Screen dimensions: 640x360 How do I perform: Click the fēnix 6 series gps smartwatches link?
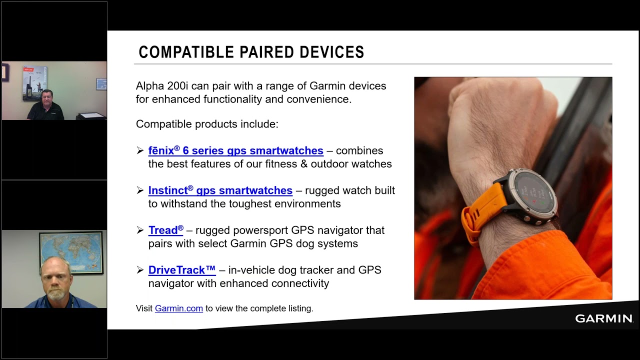[x=235, y=151]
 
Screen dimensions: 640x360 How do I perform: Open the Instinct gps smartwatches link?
[x=220, y=190]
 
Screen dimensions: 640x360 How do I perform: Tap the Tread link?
[x=165, y=230]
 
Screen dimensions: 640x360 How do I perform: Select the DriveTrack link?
[x=182, y=270]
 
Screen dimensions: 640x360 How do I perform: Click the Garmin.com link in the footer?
[x=179, y=308]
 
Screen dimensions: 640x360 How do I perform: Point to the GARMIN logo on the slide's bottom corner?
[x=604, y=318]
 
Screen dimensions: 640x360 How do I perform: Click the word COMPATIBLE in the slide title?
[x=186, y=52]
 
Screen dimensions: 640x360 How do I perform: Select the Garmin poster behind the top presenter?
[x=35, y=83]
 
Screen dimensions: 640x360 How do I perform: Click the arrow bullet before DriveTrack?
[x=140, y=270]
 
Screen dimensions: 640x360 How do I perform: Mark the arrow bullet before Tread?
[x=140, y=230]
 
